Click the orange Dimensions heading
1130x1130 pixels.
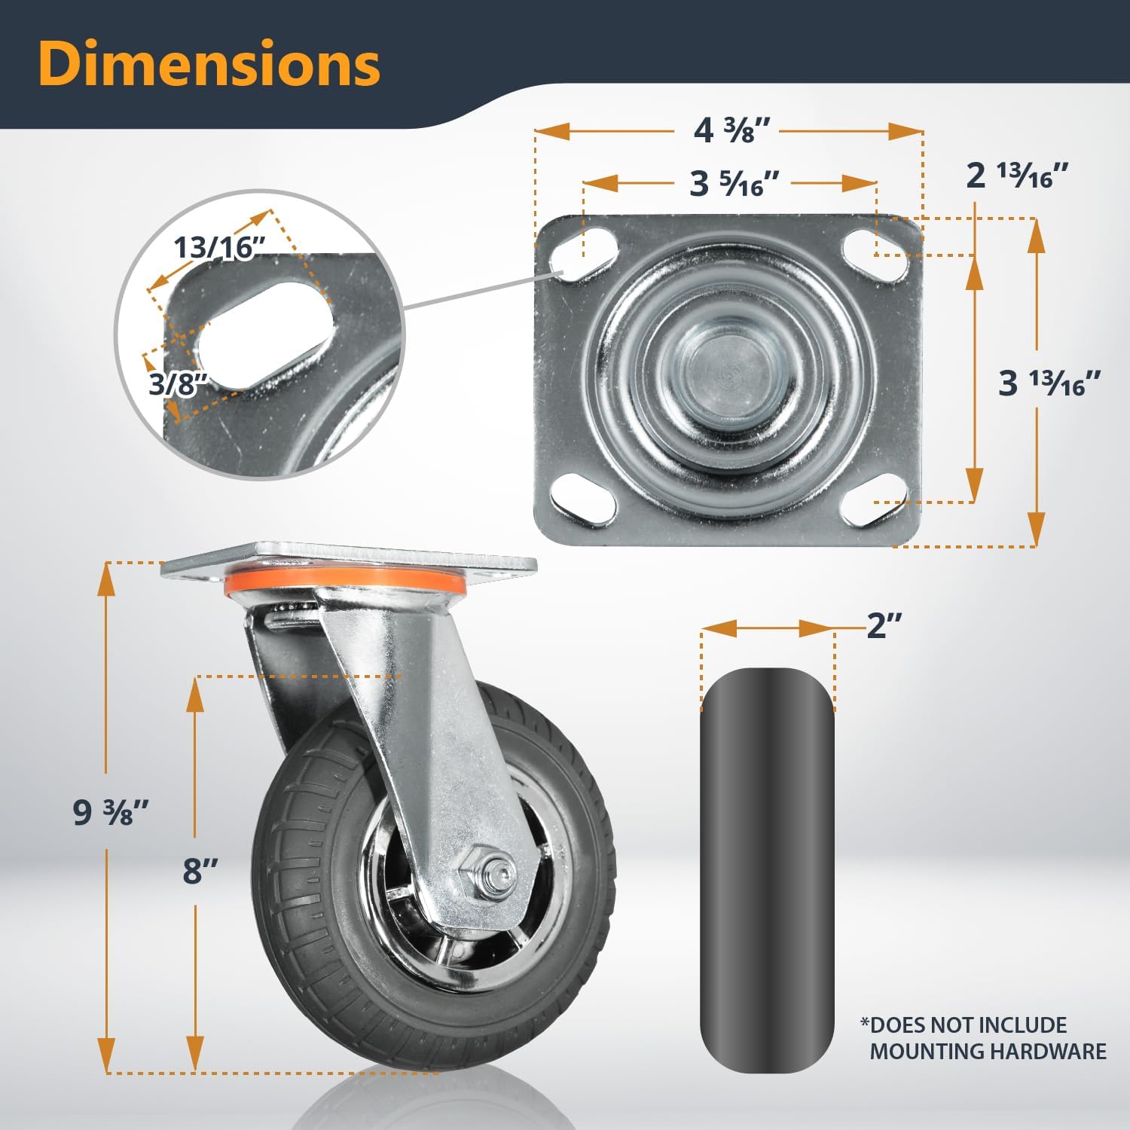coord(209,65)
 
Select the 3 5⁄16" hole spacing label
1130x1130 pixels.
coord(734,183)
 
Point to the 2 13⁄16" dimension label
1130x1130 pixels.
coord(1018,176)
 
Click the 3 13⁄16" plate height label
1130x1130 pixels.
coord(1052,383)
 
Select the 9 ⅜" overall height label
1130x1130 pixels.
coord(111,812)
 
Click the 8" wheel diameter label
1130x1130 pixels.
coord(200,871)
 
